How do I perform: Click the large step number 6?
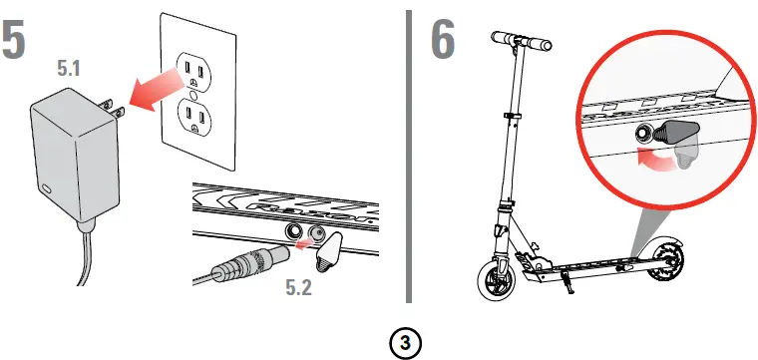(x=443, y=39)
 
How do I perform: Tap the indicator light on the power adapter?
(x=47, y=188)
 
